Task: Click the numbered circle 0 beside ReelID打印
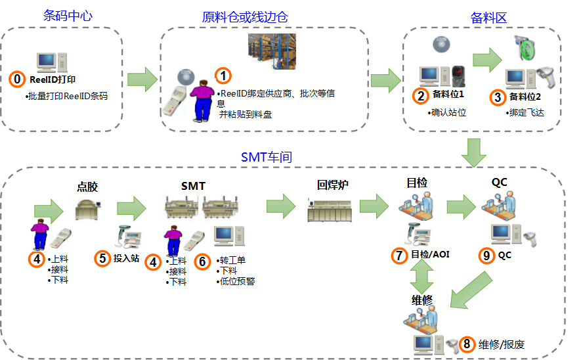[18, 79]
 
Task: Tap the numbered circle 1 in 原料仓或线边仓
[224, 76]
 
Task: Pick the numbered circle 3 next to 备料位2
[498, 96]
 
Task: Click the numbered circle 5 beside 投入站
[102, 259]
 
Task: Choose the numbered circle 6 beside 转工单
[204, 261]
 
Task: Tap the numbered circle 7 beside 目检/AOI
[399, 254]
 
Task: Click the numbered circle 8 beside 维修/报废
[467, 344]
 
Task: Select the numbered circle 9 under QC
[486, 255]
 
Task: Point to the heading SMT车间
[267, 158]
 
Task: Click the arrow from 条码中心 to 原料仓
[141, 79]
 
